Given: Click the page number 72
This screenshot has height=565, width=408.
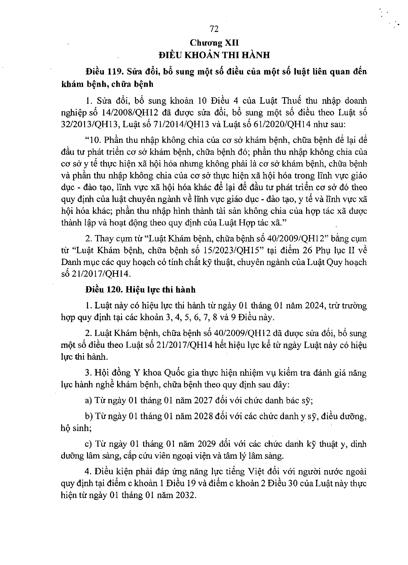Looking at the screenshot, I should click(214, 29).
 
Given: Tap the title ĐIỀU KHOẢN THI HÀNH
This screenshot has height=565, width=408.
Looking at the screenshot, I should click(214, 55).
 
